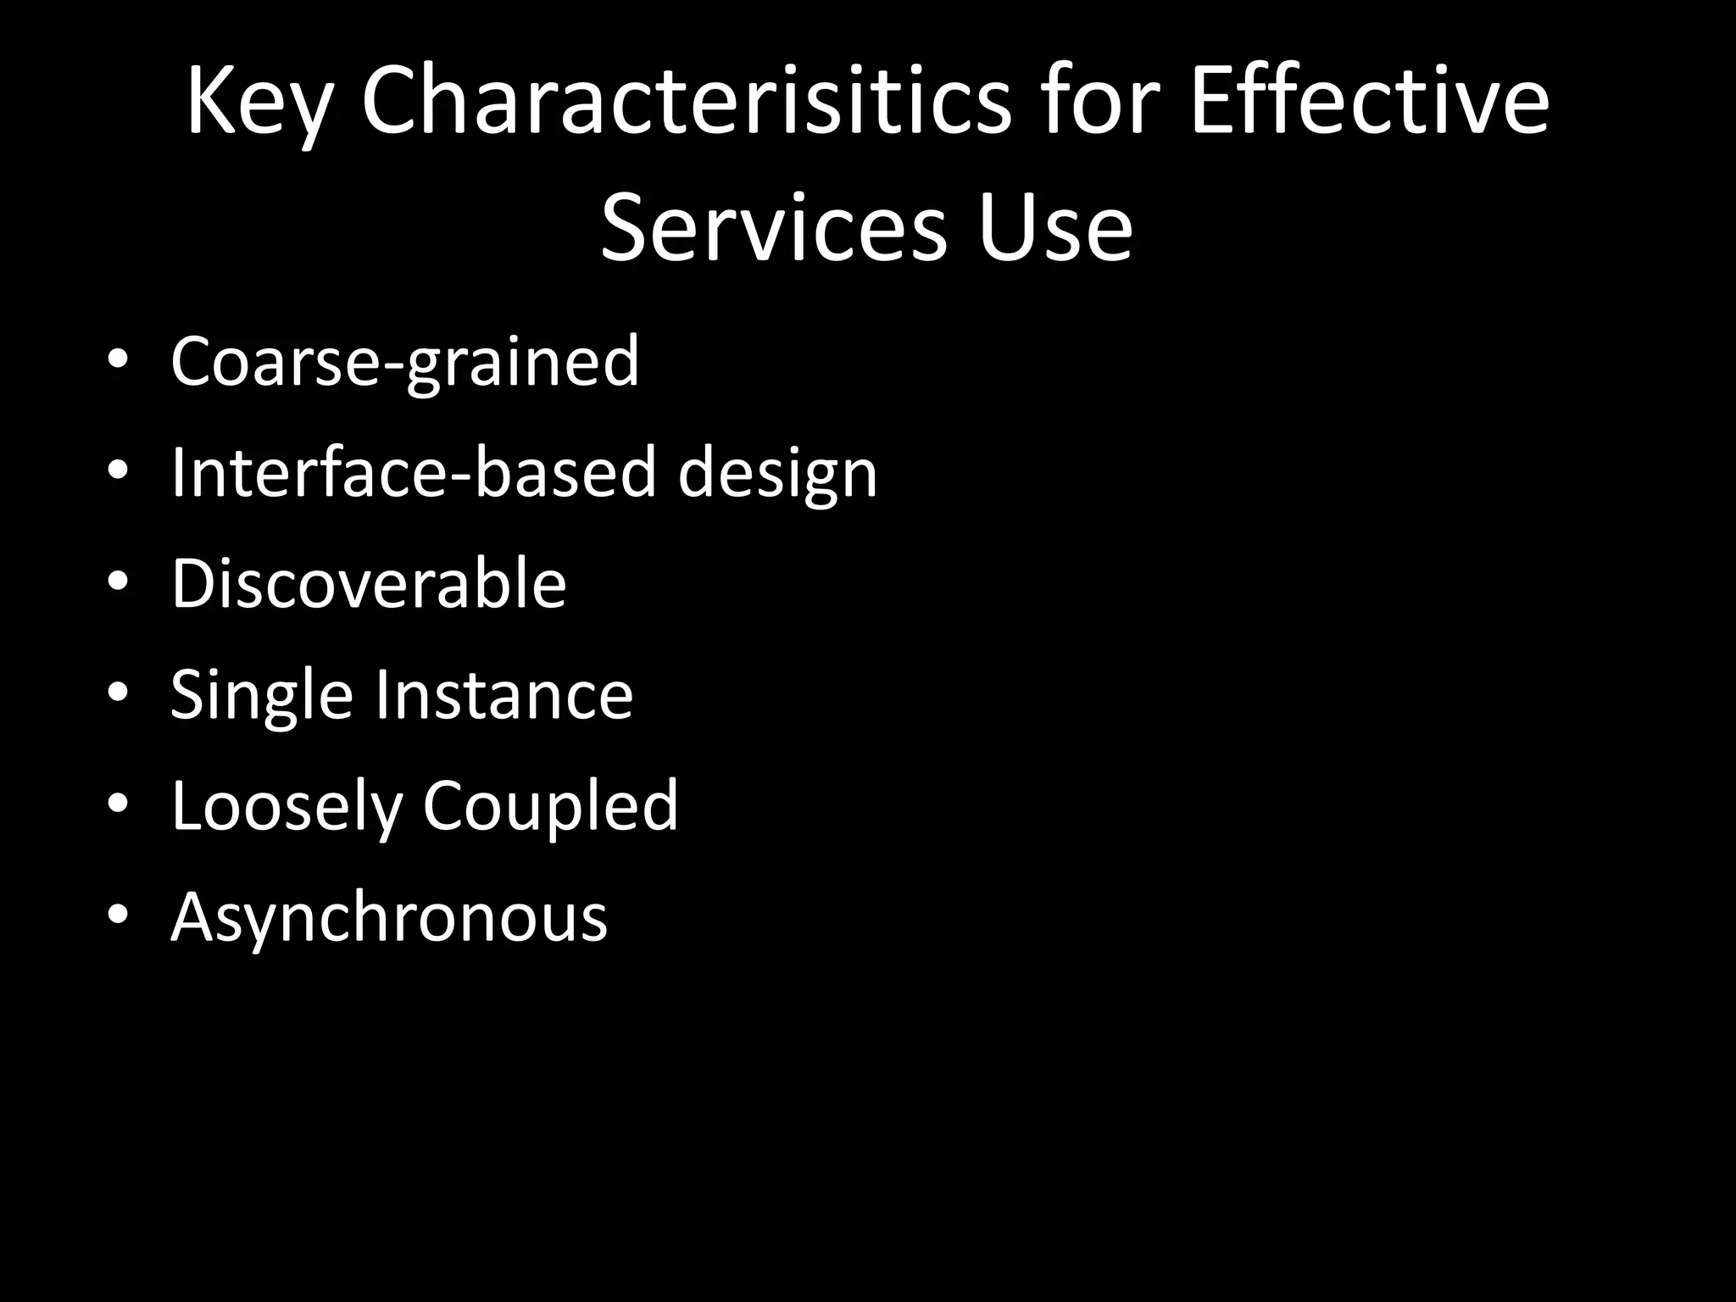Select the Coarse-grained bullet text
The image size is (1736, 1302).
pos(404,361)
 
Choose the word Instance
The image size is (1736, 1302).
pos(504,695)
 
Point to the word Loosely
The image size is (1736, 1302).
pos(286,807)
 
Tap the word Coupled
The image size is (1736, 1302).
pos(550,807)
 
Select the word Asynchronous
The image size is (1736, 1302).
pos(389,919)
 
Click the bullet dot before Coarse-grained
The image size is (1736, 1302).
pos(118,359)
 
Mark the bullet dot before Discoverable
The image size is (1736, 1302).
pos(118,581)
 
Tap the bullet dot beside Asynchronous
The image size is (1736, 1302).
pos(118,915)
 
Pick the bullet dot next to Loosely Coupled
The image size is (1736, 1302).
pos(118,804)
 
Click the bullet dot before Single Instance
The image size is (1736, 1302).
pos(118,693)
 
